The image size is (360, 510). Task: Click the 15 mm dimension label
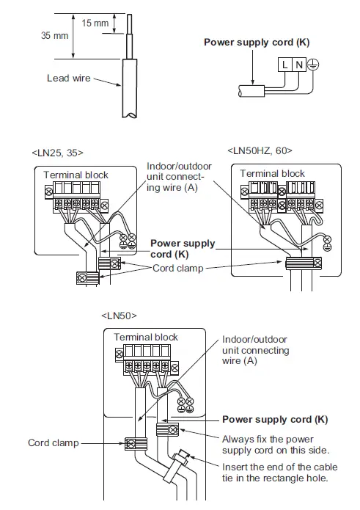(95, 23)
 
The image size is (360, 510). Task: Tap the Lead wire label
(68, 78)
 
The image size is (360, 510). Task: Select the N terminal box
(299, 65)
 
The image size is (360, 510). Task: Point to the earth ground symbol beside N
(314, 65)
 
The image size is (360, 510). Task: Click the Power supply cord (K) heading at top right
(257, 43)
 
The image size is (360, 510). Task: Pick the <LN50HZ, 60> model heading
(260, 151)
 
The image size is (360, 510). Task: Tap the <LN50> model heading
(120, 315)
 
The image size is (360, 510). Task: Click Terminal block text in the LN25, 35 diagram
(76, 175)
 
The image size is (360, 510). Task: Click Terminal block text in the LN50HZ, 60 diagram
(272, 174)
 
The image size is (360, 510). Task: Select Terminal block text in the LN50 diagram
(146, 337)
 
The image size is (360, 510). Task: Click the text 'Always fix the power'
(270, 438)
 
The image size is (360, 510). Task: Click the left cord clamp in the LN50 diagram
(136, 444)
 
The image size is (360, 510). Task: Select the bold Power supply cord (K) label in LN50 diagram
(275, 420)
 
